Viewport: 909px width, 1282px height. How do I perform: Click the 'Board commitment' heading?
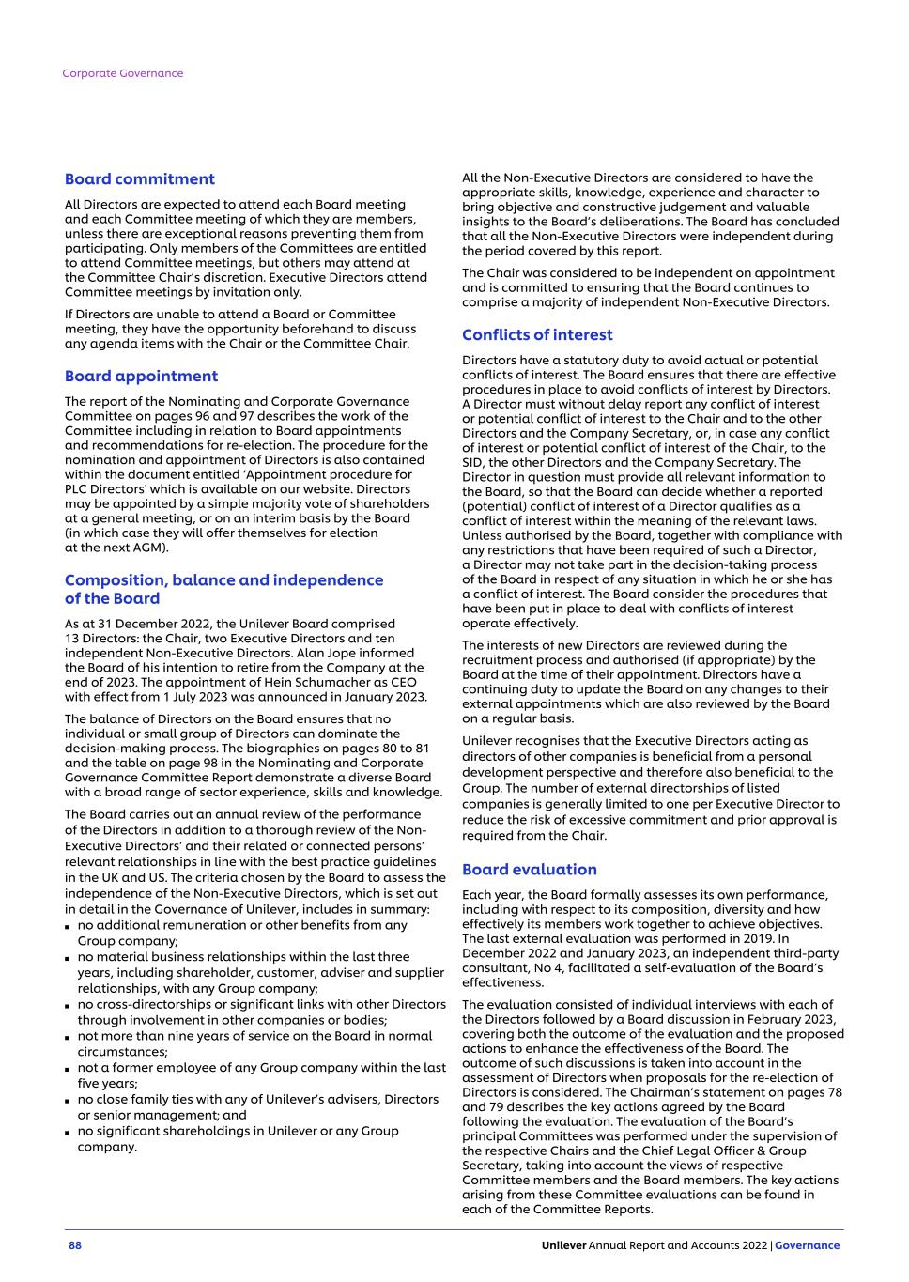[x=139, y=179]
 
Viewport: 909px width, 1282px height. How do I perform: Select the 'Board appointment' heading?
[x=141, y=377]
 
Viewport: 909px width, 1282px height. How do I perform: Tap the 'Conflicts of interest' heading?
[x=537, y=335]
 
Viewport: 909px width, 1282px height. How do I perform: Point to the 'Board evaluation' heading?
[x=530, y=870]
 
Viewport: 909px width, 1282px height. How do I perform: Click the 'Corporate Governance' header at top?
[x=123, y=73]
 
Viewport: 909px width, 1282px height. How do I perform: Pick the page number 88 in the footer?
[x=75, y=1245]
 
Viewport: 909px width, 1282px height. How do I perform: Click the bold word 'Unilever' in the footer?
[x=563, y=1245]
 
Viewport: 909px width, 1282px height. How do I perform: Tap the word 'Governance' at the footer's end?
[x=808, y=1245]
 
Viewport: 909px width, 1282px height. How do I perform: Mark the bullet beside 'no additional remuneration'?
[x=69, y=927]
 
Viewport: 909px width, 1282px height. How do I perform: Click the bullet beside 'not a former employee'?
[x=69, y=1069]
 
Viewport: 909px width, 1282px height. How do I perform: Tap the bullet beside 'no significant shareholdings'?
[x=69, y=1132]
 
